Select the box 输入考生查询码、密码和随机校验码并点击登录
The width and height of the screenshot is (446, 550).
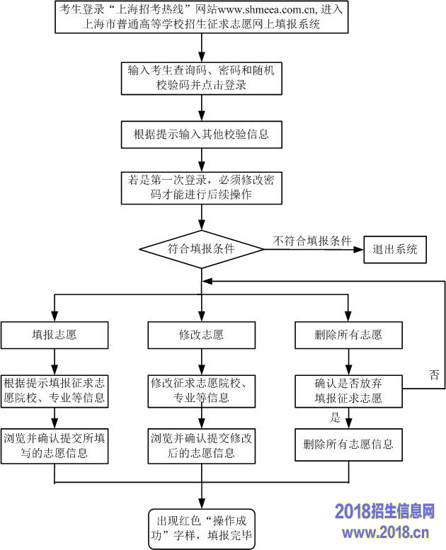pyautogui.click(x=202, y=78)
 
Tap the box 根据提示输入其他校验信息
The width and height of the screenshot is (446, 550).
pyautogui.click(x=202, y=133)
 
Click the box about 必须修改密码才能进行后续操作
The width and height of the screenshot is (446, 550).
pyautogui.click(x=202, y=188)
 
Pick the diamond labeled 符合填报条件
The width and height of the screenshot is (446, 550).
pyautogui.click(x=202, y=249)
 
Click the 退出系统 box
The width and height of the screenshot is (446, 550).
pyautogui.click(x=395, y=249)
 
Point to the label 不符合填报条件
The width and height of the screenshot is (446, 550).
pyautogui.click(x=312, y=241)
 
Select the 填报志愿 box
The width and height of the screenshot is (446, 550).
pyautogui.click(x=55, y=335)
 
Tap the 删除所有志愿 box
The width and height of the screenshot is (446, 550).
pyautogui.click(x=348, y=335)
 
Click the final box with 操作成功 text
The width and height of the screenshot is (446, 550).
pyautogui.click(x=202, y=528)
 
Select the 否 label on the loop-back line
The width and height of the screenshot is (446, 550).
pyautogui.click(x=434, y=375)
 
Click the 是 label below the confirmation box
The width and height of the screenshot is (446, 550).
pyautogui.click(x=336, y=418)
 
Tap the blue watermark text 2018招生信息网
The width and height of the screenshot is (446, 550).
pyautogui.click(x=384, y=512)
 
